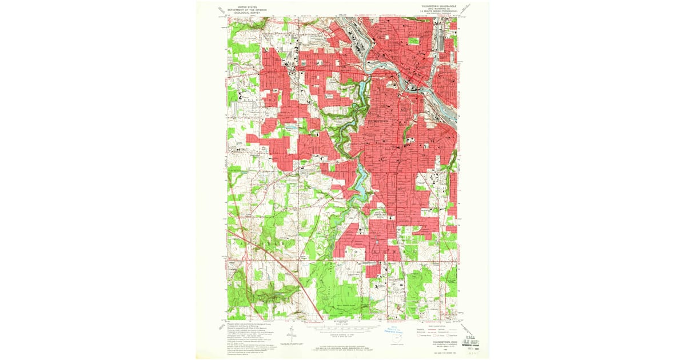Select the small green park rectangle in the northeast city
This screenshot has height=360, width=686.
pyautogui.click(x=414, y=41)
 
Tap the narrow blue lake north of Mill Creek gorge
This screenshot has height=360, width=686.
pyautogui.click(x=361, y=88)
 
